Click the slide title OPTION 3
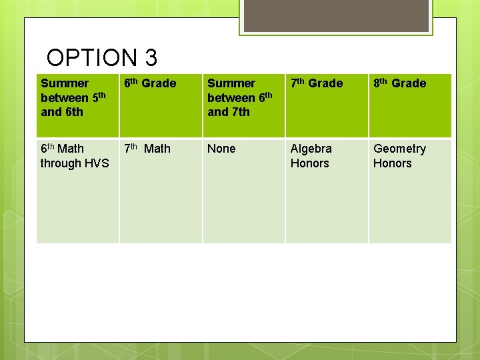[x=102, y=58]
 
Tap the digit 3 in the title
[x=150, y=58]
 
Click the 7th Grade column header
[x=316, y=83]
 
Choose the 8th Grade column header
[x=399, y=83]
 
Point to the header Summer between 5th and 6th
[x=73, y=97]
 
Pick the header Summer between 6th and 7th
[x=240, y=97]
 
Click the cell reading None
[x=221, y=149]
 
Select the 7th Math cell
[x=147, y=149]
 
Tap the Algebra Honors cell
[x=311, y=156]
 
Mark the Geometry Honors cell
[x=399, y=156]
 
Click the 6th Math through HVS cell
[x=74, y=156]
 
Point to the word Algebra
[x=311, y=149]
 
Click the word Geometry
[x=399, y=149]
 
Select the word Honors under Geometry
[x=392, y=163]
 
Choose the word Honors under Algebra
[x=309, y=163]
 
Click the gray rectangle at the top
[x=335, y=15]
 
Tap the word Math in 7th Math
[x=157, y=149]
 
